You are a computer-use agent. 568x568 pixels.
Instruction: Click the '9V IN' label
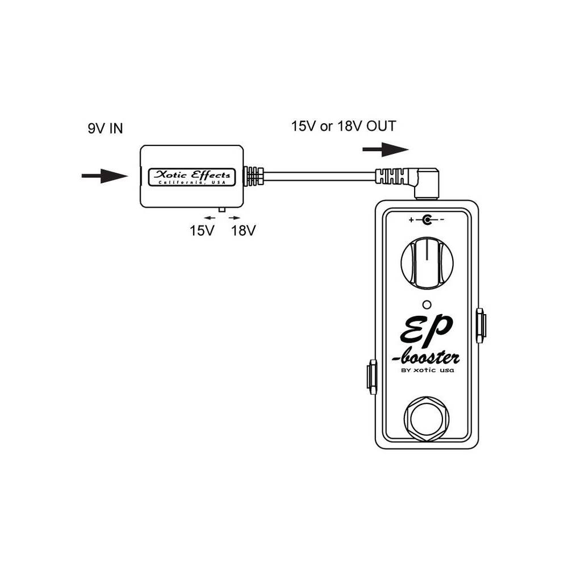point(105,129)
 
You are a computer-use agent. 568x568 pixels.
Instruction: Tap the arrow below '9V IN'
point(105,176)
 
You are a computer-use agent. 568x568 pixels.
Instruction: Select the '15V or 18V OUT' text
point(344,126)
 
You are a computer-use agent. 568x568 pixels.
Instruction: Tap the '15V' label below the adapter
point(202,231)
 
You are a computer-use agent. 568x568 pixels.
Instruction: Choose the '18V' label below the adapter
point(244,231)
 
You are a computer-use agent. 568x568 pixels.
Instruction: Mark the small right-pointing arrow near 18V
point(235,218)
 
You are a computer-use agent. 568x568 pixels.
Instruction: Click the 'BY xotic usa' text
point(427,372)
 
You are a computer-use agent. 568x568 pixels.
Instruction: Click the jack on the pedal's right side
point(480,325)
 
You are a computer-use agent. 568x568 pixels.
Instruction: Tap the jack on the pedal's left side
point(371,376)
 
